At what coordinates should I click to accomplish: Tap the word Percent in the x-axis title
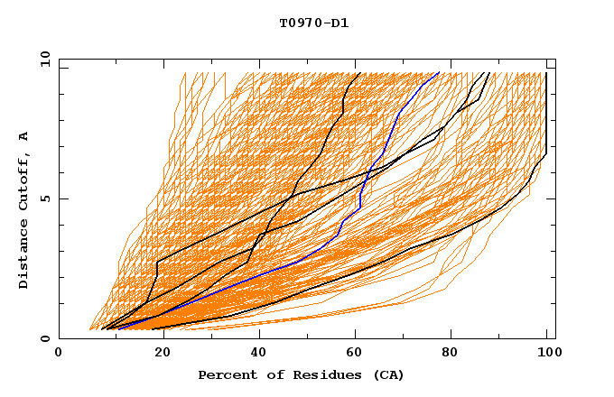[x=224, y=374]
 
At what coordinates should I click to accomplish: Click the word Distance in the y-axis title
[x=24, y=252]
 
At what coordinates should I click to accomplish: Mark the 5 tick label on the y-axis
[x=44, y=198]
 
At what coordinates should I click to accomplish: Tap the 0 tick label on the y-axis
[x=44, y=338]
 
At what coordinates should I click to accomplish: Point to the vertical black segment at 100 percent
[x=546, y=108]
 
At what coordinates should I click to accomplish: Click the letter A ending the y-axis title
[x=24, y=136]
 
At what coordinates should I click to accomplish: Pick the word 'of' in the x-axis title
[x=268, y=374]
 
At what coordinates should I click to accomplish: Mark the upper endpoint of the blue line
[x=439, y=73]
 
